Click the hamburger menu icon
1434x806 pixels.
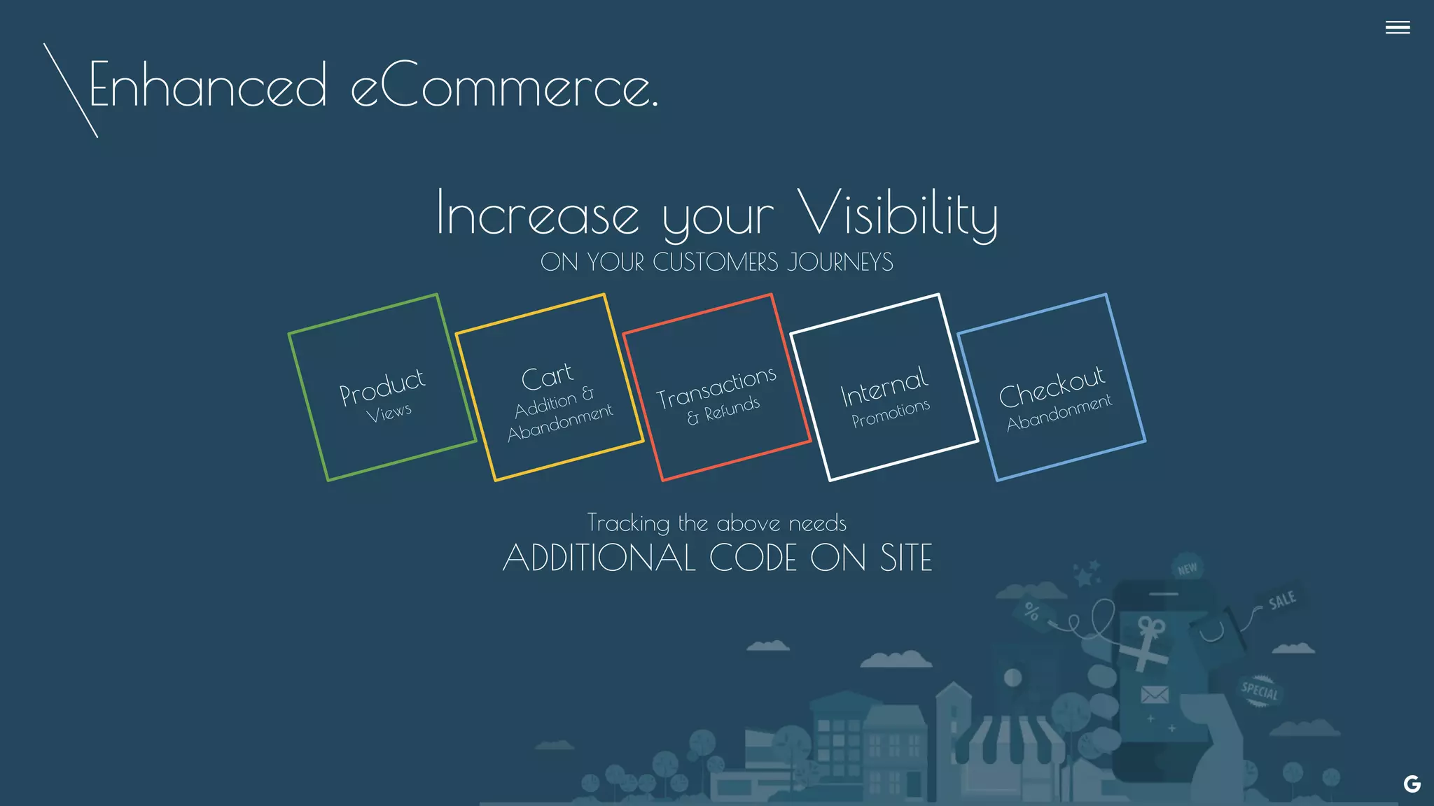point(1397,27)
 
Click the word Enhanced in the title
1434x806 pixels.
point(208,85)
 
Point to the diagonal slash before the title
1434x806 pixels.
point(70,90)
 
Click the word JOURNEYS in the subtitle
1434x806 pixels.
point(840,262)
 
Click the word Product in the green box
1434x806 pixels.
point(382,386)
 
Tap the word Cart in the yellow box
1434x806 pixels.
point(547,376)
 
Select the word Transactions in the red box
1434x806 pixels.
point(716,387)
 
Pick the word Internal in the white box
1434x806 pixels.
point(884,386)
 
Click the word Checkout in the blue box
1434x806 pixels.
point(1052,386)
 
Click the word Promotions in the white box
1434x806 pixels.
point(891,413)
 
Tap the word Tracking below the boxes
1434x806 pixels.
point(628,523)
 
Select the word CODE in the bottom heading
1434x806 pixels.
point(753,558)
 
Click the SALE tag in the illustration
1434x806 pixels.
point(1281,600)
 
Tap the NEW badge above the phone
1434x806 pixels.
point(1187,569)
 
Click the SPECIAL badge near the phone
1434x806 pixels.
point(1260,691)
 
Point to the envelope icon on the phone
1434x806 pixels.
point(1155,695)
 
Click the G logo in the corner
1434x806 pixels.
point(1412,784)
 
